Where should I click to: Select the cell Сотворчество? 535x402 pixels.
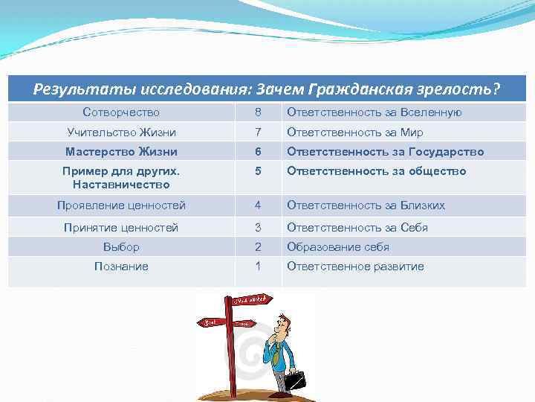[121, 112]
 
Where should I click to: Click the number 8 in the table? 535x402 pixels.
[258, 112]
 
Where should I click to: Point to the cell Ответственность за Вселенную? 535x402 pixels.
[374, 112]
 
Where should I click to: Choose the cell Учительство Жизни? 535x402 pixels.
[121, 132]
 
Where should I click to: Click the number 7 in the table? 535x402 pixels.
[258, 132]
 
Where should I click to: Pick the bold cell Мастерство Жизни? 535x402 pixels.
[121, 151]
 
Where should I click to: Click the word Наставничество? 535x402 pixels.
[121, 184]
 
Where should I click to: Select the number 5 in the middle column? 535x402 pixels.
[258, 171]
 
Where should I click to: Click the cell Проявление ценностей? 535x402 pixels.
[121, 205]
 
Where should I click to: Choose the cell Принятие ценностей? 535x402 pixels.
[121, 227]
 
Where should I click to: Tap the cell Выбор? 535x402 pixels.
[121, 246]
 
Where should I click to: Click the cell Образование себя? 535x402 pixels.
[338, 246]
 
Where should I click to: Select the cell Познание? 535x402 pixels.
[121, 266]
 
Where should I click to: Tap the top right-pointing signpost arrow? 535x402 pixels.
[251, 301]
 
